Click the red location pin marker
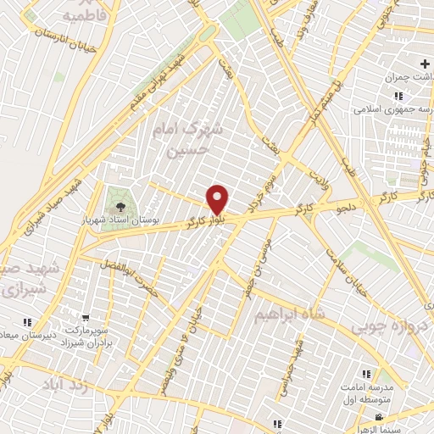click(218, 199)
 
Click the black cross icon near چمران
click(426, 64)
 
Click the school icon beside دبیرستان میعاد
click(27, 322)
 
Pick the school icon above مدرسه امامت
click(366, 373)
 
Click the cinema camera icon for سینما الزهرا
click(378, 417)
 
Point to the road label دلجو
click(348, 204)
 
